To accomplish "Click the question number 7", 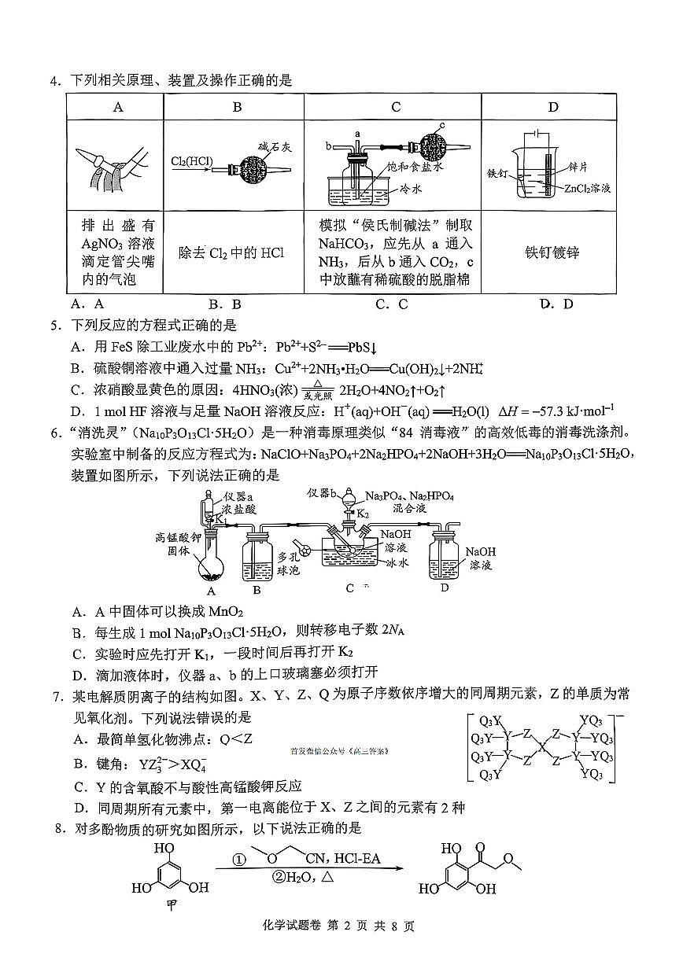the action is tap(56, 694).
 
